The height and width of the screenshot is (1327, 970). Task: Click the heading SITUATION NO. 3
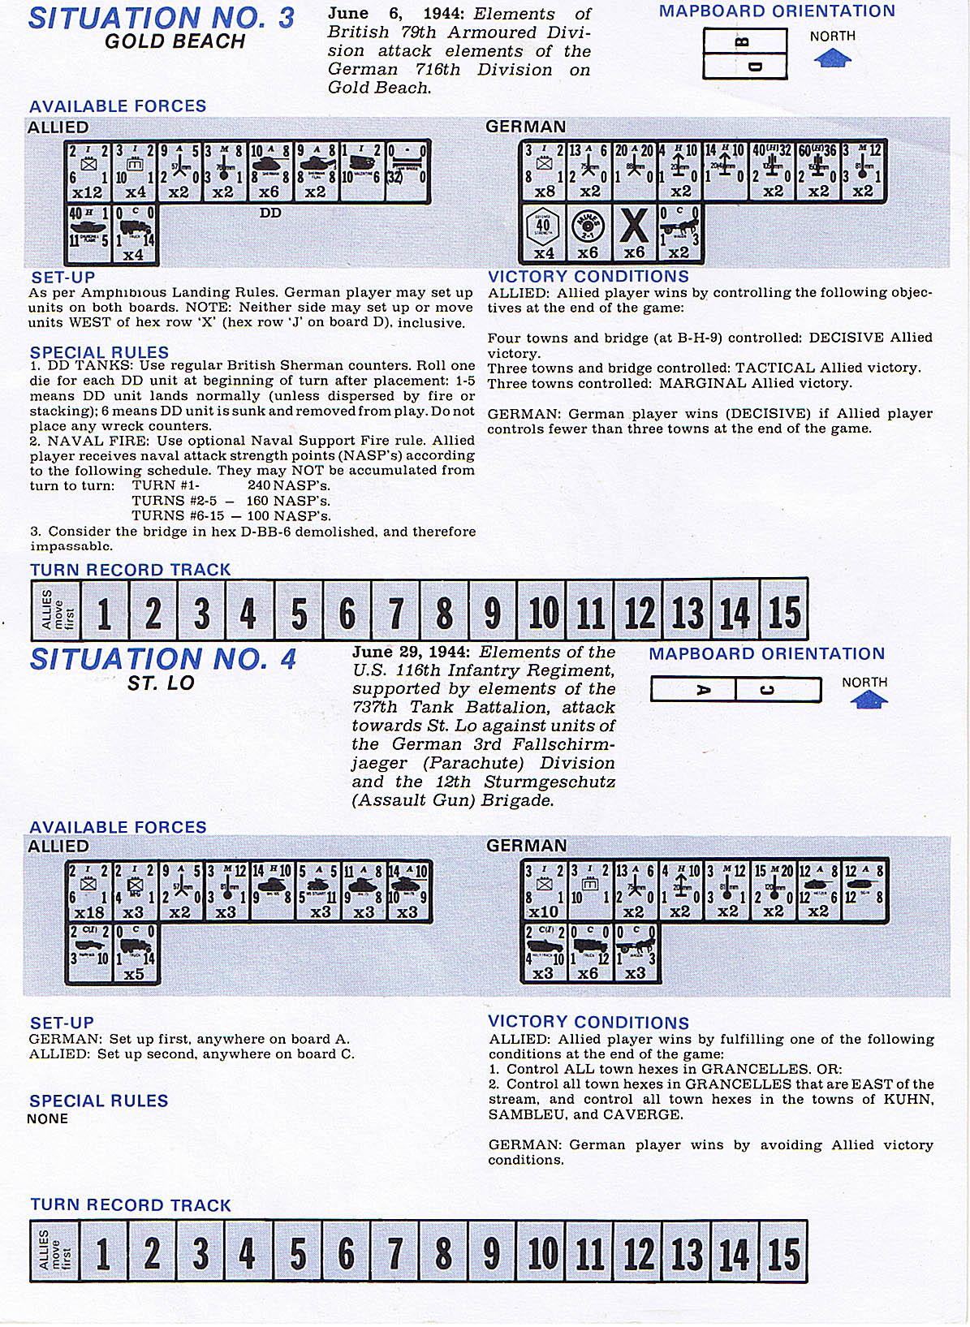point(161,18)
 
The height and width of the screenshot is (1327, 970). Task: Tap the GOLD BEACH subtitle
point(175,41)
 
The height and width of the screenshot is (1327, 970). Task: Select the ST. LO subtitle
point(161,683)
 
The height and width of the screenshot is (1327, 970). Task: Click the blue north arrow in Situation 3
point(832,58)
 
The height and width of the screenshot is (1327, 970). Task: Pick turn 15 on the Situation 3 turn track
point(784,611)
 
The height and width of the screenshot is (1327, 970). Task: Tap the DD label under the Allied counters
point(270,213)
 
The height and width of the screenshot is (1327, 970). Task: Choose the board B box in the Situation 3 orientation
point(744,41)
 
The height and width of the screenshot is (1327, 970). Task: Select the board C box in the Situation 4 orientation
point(777,690)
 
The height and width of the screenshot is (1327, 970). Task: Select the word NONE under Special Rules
point(47,1118)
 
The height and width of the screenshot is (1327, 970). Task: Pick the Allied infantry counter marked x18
point(88,891)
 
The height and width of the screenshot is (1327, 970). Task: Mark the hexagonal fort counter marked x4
point(543,232)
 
